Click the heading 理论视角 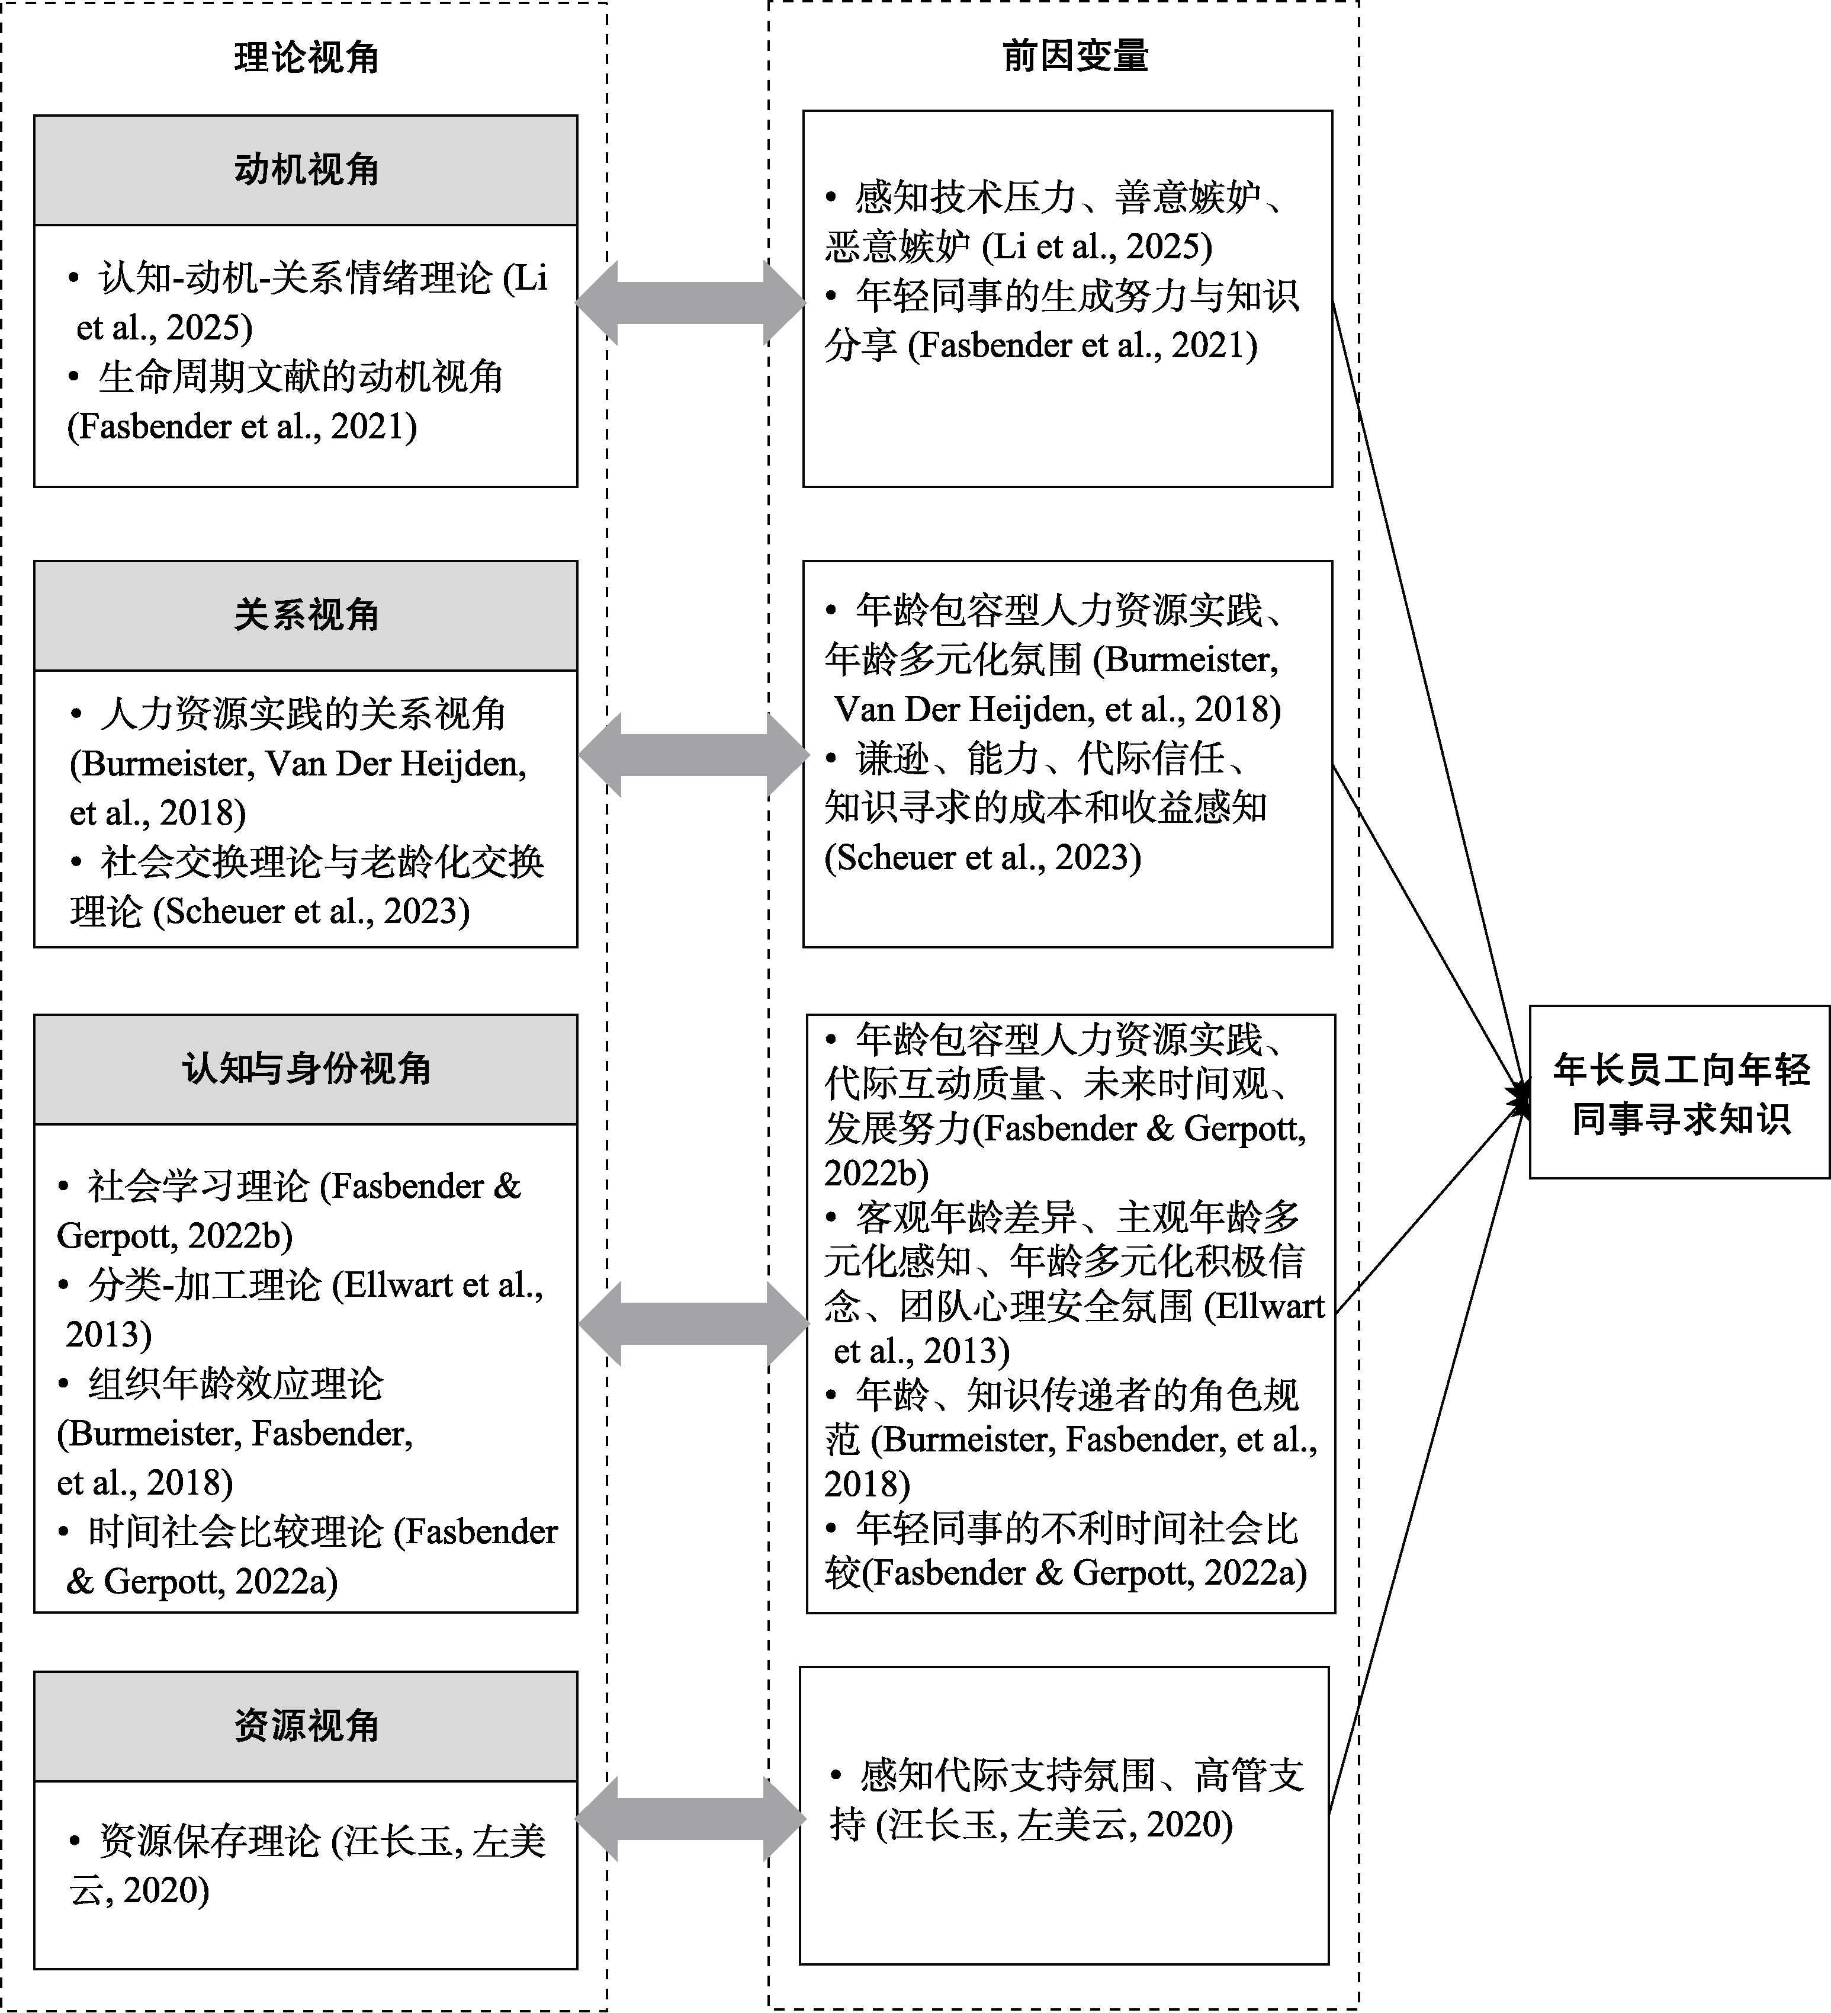coord(307,58)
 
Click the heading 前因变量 coord(1075,56)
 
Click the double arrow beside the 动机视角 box coord(690,303)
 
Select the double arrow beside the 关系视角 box coord(693,755)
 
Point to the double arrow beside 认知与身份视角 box coord(693,1324)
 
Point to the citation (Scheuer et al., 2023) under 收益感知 coord(984,857)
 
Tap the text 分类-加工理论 coord(205,1285)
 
